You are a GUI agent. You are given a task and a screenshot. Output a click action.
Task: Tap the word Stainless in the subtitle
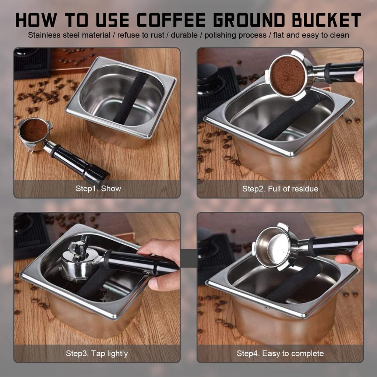coord(43,35)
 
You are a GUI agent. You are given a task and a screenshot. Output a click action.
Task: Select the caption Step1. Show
coord(98,189)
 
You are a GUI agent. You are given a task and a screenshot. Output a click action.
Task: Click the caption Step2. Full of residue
coord(280,189)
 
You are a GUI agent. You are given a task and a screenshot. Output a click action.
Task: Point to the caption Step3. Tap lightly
coord(97,353)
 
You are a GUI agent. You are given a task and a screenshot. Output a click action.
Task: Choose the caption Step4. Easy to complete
coord(280,353)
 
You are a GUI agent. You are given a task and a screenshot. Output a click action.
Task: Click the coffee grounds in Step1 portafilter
coord(34,130)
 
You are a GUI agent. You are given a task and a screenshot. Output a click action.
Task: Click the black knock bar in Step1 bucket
coord(130,98)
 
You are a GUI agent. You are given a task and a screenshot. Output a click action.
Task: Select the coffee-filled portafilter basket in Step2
coord(287,75)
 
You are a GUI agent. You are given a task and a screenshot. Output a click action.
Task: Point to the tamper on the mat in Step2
coord(208,75)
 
